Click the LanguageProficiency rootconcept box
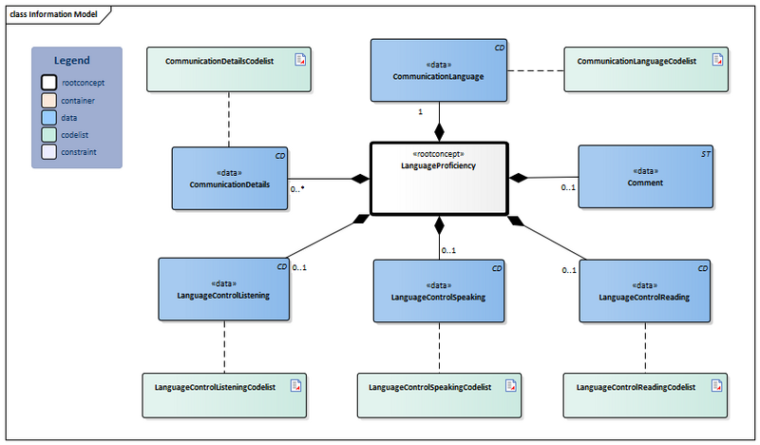click(x=439, y=178)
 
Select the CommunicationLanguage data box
click(x=438, y=69)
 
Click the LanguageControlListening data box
click(x=223, y=289)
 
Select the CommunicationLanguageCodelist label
click(x=637, y=61)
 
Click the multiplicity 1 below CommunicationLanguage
click(x=420, y=112)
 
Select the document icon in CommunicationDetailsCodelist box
click(x=300, y=60)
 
